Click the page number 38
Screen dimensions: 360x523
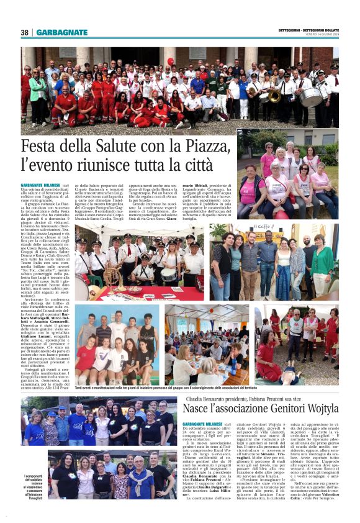(x=24, y=32)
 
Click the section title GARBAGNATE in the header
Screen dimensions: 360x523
(x=61, y=32)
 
